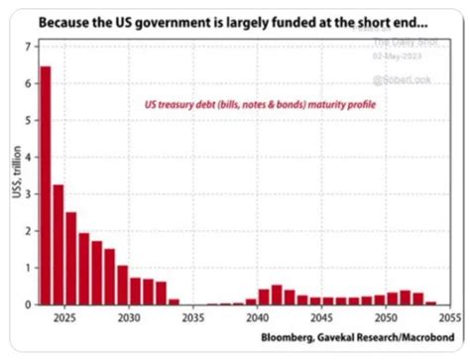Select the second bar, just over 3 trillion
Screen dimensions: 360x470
click(58, 244)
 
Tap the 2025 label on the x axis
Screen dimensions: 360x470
click(64, 319)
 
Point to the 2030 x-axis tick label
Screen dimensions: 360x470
click(129, 319)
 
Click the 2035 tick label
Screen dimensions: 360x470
click(193, 319)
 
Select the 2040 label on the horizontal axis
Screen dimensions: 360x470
click(258, 319)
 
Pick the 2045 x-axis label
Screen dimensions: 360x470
click(321, 319)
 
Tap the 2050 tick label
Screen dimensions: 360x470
click(386, 319)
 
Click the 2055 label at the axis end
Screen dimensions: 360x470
click(449, 319)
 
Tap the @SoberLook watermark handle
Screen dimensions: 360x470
click(400, 74)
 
